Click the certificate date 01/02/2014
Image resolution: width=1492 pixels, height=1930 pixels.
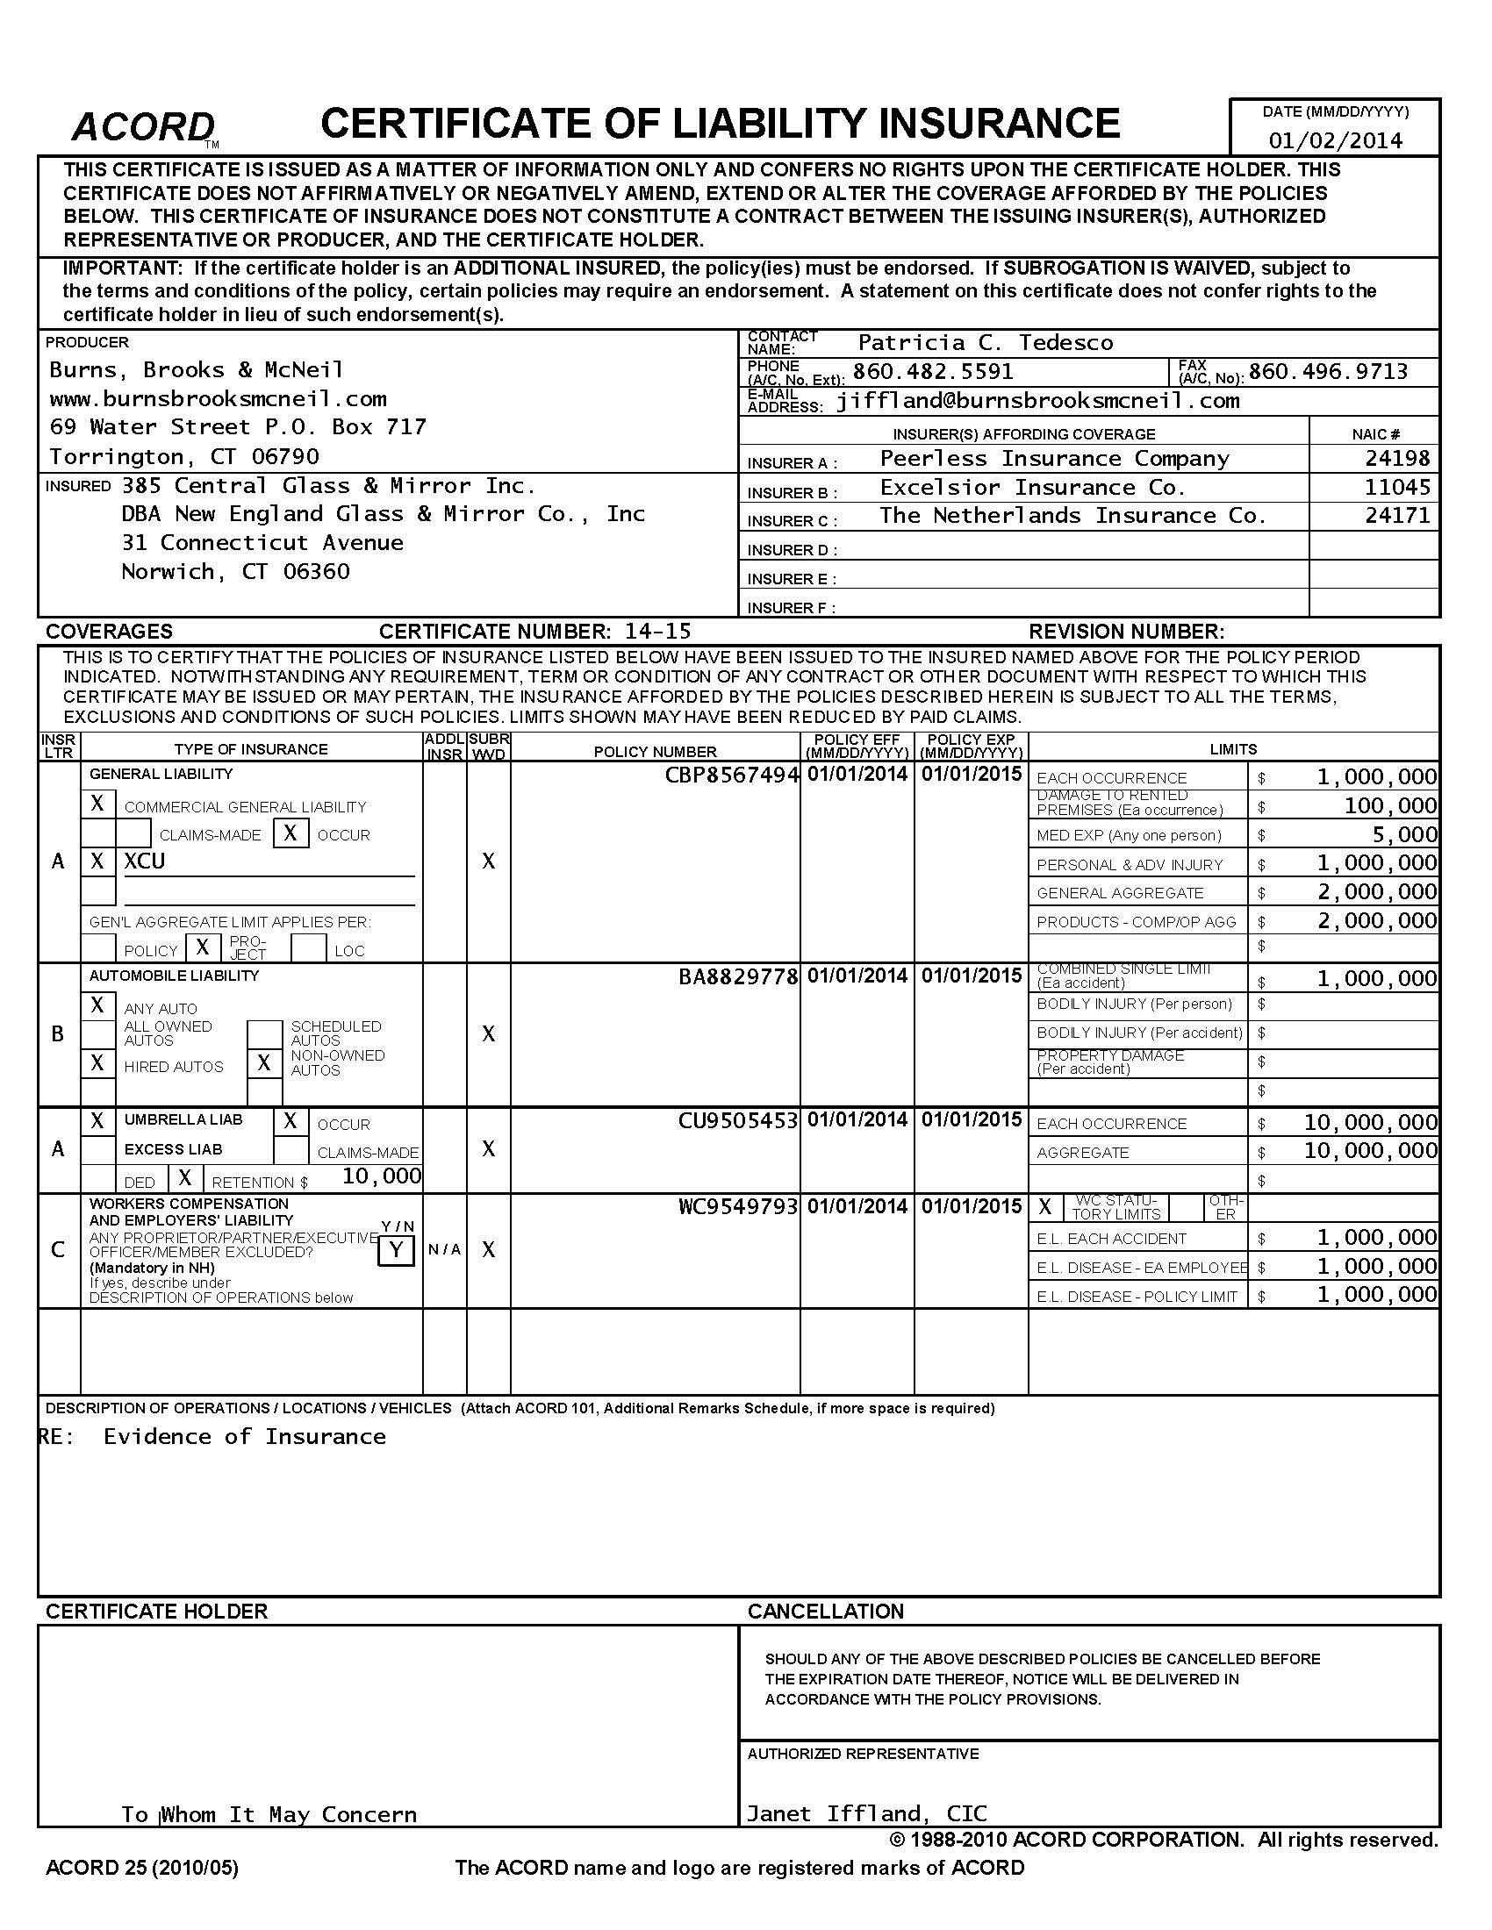point(1336,140)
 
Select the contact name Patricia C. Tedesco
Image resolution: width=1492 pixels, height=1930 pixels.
point(986,343)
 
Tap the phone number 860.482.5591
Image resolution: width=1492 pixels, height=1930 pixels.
point(932,372)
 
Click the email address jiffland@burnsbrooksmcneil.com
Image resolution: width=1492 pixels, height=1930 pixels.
point(1037,401)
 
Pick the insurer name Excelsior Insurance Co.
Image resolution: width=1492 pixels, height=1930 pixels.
point(1032,488)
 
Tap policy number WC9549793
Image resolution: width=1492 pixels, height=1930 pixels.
point(738,1207)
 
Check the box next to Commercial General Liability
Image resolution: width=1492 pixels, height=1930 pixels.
point(98,804)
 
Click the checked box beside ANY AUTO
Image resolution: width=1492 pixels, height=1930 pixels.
point(98,1005)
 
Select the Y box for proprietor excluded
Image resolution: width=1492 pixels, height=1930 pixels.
point(396,1250)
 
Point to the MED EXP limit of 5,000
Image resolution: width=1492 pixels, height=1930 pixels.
point(1405,835)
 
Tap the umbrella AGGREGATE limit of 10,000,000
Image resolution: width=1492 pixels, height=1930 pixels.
point(1370,1152)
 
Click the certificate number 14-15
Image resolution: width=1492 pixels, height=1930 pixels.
point(657,632)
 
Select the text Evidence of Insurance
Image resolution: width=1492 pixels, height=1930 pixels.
point(245,1437)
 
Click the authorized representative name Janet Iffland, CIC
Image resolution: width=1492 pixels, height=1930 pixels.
point(866,1814)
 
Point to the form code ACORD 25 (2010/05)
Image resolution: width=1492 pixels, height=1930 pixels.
point(142,1868)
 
